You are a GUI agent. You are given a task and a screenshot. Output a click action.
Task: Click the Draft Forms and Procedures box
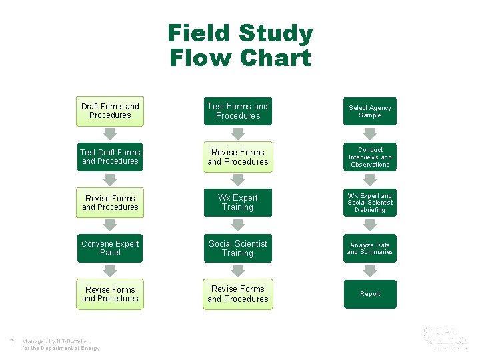tap(110, 111)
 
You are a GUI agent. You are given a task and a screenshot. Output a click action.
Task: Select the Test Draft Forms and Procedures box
tap(110, 157)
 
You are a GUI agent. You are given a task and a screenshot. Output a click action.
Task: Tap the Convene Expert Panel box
tap(110, 248)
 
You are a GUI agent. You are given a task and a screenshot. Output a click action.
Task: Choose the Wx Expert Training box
tap(237, 203)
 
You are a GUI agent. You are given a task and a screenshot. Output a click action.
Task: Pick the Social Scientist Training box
tap(237, 248)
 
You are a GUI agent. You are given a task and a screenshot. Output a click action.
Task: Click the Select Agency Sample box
tap(370, 111)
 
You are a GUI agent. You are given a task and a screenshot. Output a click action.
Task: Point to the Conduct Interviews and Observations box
tap(370, 157)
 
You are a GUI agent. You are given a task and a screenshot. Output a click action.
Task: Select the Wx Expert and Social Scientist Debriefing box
tap(370, 203)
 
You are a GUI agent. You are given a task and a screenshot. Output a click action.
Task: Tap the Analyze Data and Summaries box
tap(370, 248)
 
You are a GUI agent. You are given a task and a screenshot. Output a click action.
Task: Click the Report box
tap(370, 294)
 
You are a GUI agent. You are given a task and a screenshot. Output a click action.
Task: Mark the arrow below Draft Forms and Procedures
tap(110, 134)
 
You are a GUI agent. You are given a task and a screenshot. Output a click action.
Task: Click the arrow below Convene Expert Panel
tap(110, 271)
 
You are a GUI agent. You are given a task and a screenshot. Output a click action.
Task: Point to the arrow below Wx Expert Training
tap(237, 225)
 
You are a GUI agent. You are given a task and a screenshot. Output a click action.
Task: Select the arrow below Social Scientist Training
tap(237, 271)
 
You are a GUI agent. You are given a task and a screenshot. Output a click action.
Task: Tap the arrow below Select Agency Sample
tap(370, 134)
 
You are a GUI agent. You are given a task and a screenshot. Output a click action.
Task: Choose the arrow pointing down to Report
tap(370, 271)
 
